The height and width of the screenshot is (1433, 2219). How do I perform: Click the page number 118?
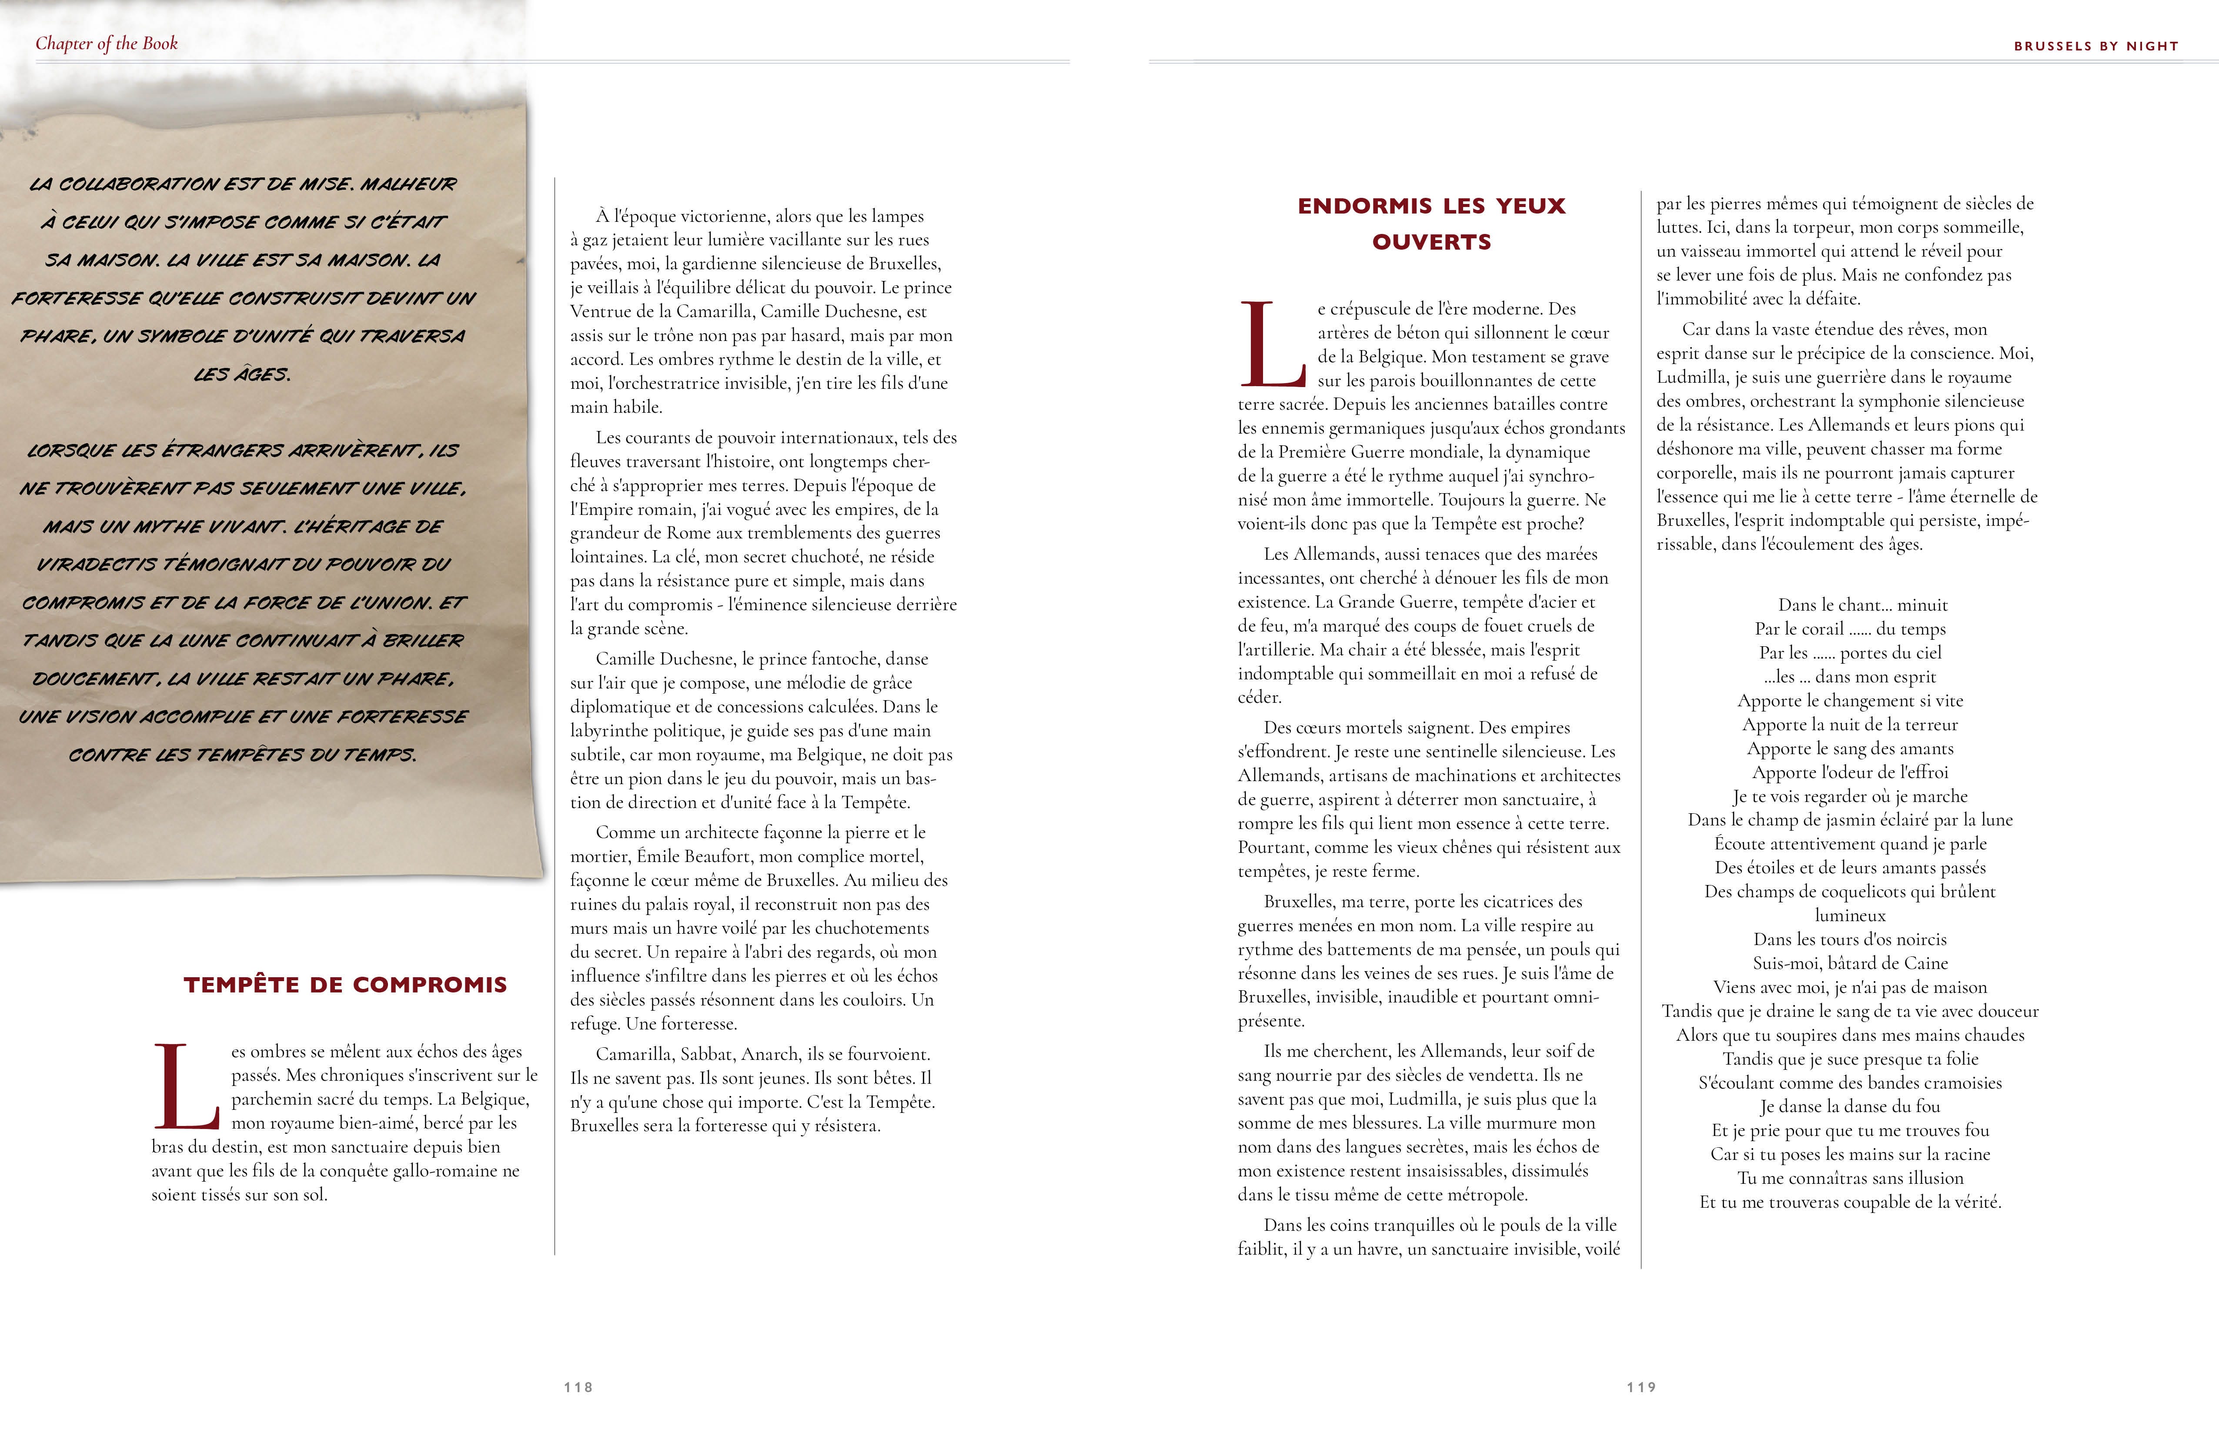[x=578, y=1387]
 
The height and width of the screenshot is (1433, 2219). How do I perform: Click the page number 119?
[x=1641, y=1387]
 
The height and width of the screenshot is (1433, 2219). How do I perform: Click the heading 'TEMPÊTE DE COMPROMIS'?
[x=345, y=985]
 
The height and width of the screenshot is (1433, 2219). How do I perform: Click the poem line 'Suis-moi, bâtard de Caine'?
[x=1850, y=963]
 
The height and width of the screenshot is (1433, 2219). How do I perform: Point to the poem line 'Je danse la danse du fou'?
[x=1850, y=1106]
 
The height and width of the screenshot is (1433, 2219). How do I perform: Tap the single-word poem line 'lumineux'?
[x=1850, y=915]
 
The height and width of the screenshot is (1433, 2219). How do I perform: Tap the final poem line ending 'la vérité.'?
[x=1850, y=1202]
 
